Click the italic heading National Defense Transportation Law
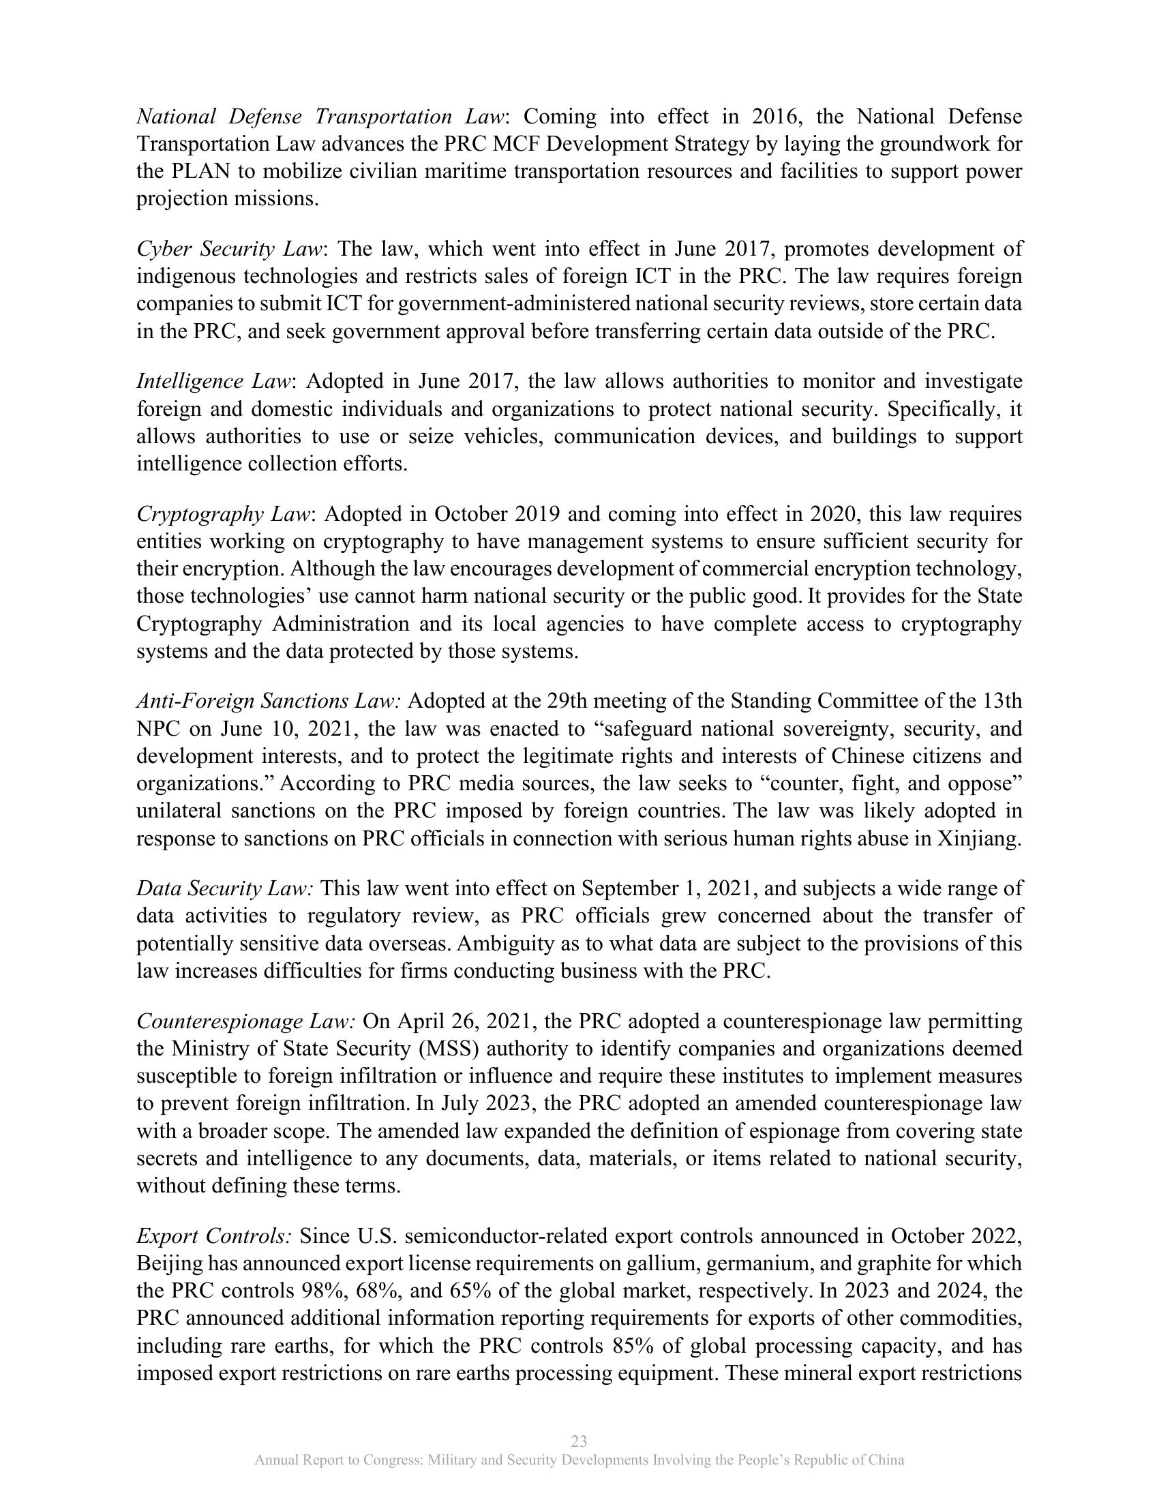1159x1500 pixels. [x=321, y=117]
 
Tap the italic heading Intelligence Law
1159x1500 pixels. [x=215, y=381]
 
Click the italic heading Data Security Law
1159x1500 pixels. [x=225, y=888]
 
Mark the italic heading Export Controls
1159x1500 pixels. [x=214, y=1236]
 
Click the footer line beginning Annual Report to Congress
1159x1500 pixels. [x=579, y=1460]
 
